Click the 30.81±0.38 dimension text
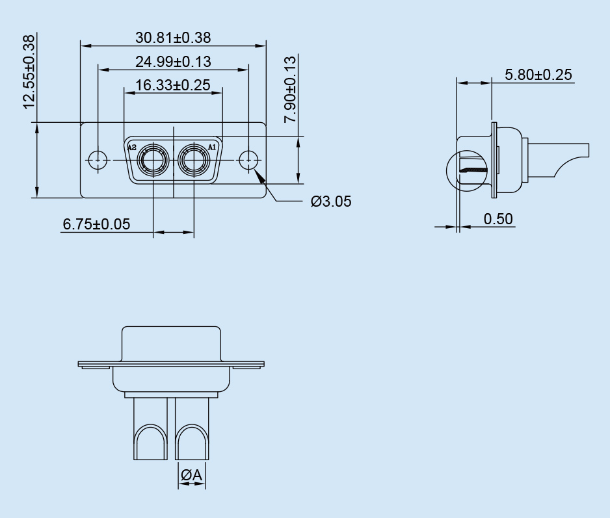click(x=173, y=38)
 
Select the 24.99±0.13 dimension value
click(x=173, y=62)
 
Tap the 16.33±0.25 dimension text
click(x=173, y=85)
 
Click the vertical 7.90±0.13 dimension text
click(x=290, y=89)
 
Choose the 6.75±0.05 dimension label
click(x=96, y=224)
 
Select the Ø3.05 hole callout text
click(x=330, y=201)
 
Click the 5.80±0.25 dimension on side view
click(x=538, y=75)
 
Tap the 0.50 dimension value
click(x=498, y=219)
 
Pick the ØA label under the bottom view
click(x=192, y=476)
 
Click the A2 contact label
click(x=132, y=148)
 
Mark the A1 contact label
click(x=212, y=148)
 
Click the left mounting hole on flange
click(x=98, y=159)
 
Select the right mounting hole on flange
click(x=248, y=159)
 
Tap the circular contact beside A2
click(x=153, y=159)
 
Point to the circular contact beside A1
click(x=194, y=159)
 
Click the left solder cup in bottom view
click(x=151, y=442)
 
